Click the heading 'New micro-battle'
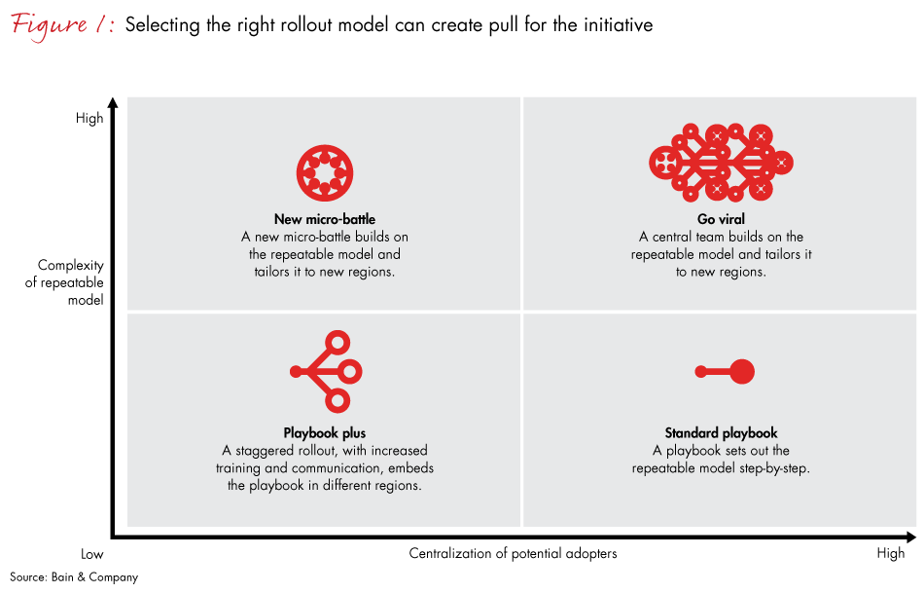click(x=324, y=219)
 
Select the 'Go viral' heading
click(x=721, y=219)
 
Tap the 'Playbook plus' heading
click(x=324, y=433)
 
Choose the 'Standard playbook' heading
click(x=721, y=433)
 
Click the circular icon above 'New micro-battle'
click(x=324, y=172)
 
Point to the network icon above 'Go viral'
click(x=721, y=163)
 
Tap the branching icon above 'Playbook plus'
click(x=327, y=371)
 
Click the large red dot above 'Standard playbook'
click(x=741, y=371)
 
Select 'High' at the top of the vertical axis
click(x=89, y=119)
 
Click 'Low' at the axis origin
click(x=91, y=554)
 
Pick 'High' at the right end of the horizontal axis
click(x=890, y=554)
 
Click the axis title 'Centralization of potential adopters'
click(x=513, y=554)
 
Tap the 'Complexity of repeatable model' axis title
click(x=70, y=282)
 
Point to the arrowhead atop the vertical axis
click(x=114, y=102)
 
